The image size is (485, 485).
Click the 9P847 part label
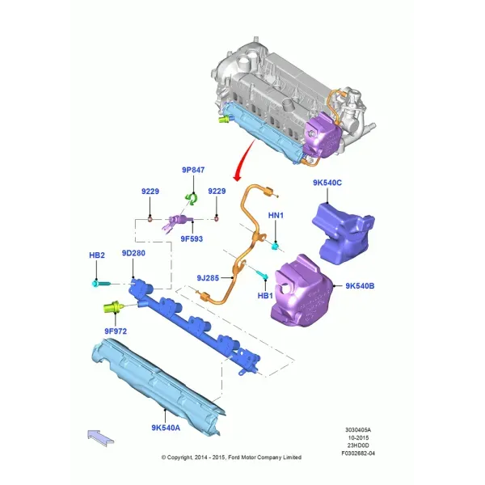pyautogui.click(x=193, y=170)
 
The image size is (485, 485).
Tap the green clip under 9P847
pyautogui.click(x=191, y=199)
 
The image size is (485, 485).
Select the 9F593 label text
pyautogui.click(x=192, y=238)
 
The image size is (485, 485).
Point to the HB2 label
pyautogui.click(x=97, y=255)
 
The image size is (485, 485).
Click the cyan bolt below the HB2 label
pyautogui.click(x=101, y=283)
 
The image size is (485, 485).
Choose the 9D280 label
pyautogui.click(x=133, y=253)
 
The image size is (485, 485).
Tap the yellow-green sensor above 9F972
pyautogui.click(x=114, y=307)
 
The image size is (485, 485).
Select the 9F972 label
pyautogui.click(x=116, y=331)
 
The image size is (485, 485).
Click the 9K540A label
pyautogui.click(x=166, y=428)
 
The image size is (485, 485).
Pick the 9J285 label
pyautogui.click(x=208, y=278)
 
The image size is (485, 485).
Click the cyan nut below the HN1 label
pyautogui.click(x=275, y=247)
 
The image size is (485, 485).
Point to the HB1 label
pyautogui.click(x=265, y=296)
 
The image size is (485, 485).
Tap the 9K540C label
pyautogui.click(x=327, y=183)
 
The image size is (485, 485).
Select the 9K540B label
pyautogui.click(x=360, y=286)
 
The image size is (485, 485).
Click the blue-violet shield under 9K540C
pyautogui.click(x=344, y=234)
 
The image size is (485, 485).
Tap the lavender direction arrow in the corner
pyautogui.click(x=100, y=437)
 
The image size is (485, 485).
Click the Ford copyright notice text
pyautogui.click(x=231, y=458)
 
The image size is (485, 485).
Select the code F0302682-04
pyautogui.click(x=358, y=453)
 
